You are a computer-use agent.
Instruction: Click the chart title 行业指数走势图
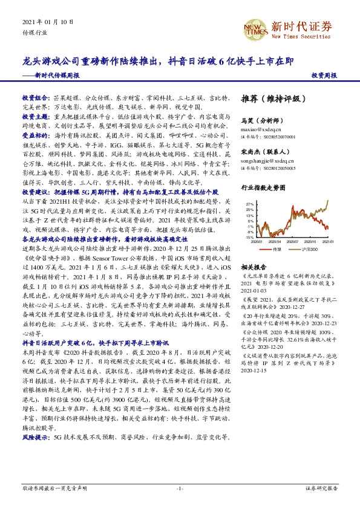(x=262, y=188)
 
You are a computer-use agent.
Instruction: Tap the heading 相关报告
(x=253, y=267)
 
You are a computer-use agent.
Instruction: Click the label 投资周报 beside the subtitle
(x=324, y=76)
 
